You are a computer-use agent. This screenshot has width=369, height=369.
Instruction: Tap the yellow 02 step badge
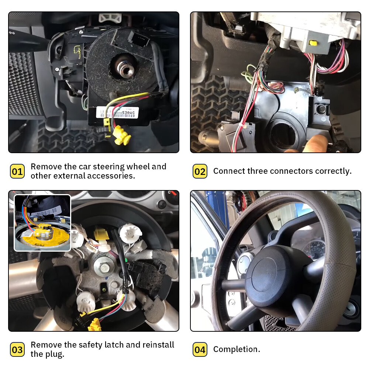click(x=200, y=171)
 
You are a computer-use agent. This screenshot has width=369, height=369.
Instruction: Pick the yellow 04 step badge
click(x=200, y=349)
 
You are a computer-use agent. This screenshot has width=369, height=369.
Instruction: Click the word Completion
click(x=237, y=349)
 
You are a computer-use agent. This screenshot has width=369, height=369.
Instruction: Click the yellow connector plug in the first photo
click(x=122, y=135)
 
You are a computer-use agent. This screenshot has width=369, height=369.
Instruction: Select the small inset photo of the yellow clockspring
click(x=42, y=223)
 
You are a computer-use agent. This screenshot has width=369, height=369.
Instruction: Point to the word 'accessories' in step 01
click(x=111, y=176)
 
